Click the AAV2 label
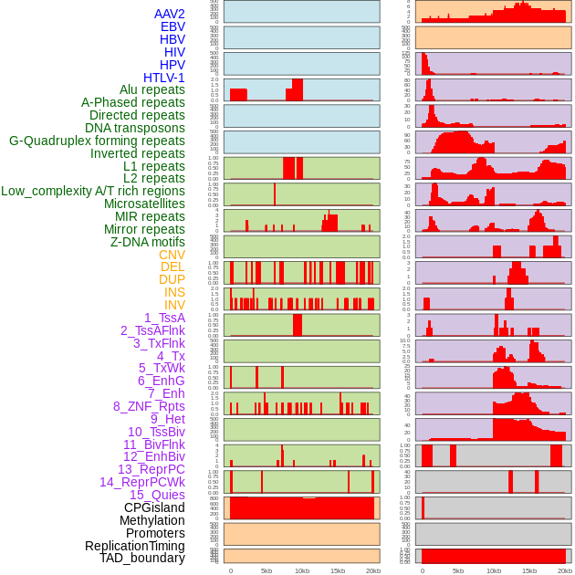170,14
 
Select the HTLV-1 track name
164,78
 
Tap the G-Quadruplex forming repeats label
97,141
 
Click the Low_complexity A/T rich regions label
93,191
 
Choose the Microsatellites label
144,204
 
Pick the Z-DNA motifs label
148,242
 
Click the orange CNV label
172,255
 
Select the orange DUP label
172,279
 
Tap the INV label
174,305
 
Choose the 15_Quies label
157,495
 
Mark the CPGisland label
154,507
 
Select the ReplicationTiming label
134,546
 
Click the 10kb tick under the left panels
301,570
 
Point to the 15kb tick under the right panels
529,570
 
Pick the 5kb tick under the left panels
266,570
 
